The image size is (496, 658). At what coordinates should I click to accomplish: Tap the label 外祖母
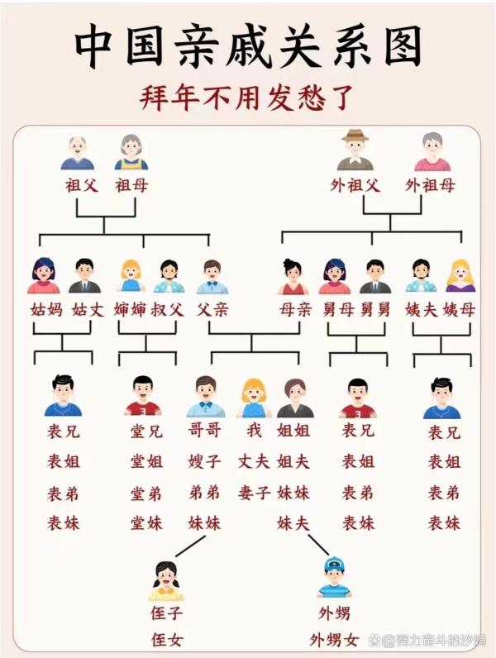[430, 185]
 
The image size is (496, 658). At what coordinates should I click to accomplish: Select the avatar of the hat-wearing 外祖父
[355, 150]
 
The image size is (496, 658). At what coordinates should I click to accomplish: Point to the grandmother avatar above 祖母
[131, 152]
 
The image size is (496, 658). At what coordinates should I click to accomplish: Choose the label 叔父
[168, 311]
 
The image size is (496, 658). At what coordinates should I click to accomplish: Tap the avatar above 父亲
[212, 277]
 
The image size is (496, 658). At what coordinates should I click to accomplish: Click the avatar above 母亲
[293, 277]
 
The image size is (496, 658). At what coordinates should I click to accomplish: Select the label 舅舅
[374, 311]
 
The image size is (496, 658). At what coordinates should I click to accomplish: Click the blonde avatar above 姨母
[460, 276]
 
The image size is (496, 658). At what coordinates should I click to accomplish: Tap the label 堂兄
[146, 432]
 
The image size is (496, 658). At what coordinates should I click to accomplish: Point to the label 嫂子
[204, 461]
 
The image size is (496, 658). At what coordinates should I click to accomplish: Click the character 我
[254, 431]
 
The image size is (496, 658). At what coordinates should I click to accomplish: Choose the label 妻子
[254, 493]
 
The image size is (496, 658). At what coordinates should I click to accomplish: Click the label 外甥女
[335, 639]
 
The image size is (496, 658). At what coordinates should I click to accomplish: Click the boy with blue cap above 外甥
[334, 577]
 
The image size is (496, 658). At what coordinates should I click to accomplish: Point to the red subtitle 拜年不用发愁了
[248, 98]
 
